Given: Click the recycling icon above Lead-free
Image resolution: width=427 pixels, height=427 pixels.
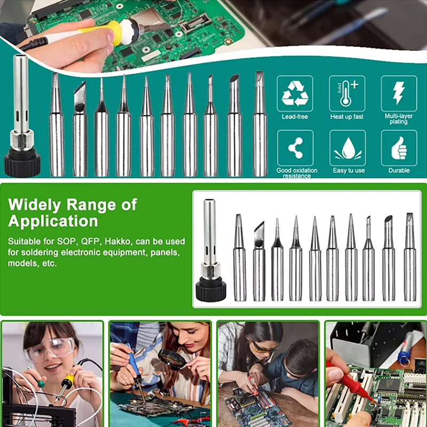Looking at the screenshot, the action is point(295,93).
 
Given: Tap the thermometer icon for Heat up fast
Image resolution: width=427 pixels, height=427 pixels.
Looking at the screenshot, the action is point(346,93).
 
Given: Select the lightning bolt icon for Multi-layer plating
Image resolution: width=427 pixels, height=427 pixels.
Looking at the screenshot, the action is point(399,93).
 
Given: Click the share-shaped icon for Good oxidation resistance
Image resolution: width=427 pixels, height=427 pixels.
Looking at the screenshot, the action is point(296,148).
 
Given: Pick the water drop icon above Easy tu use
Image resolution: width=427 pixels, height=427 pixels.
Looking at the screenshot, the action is point(348,148).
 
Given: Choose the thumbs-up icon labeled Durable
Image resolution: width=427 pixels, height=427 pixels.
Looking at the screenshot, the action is point(399,148).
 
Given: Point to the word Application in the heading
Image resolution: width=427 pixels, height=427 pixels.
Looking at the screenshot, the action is point(53,220).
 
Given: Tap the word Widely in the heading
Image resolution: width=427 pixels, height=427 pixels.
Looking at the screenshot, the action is point(34,204).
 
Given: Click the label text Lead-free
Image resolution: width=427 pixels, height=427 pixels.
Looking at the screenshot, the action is point(295,116).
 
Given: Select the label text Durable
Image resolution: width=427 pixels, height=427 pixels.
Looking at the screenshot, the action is point(399,170).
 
